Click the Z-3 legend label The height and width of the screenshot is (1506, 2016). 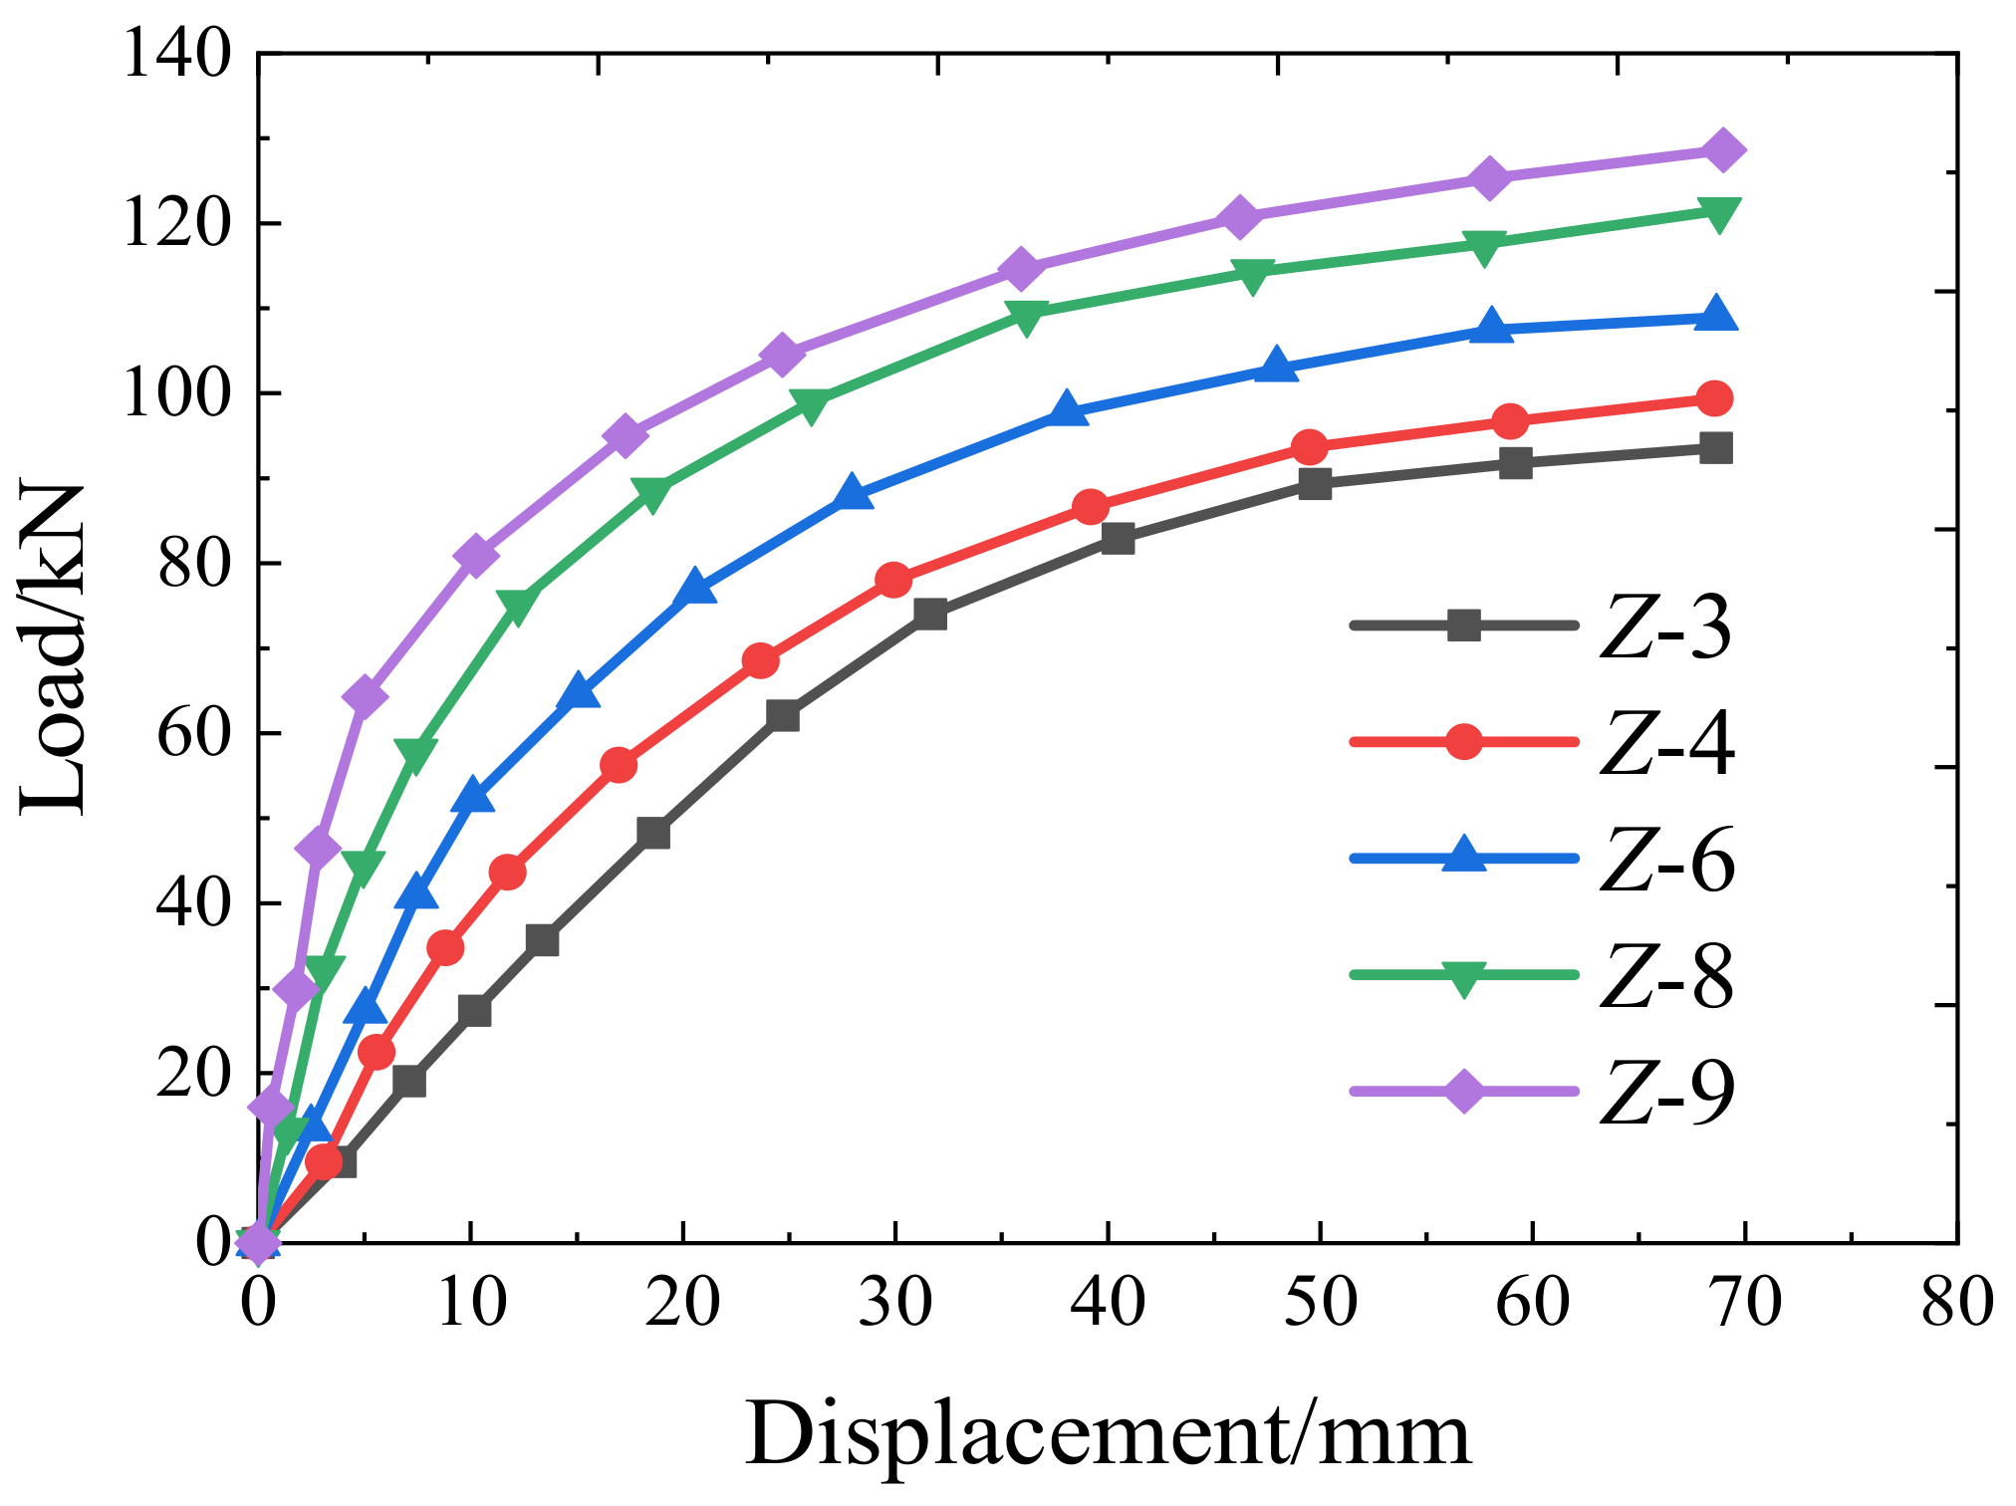(x=1665, y=628)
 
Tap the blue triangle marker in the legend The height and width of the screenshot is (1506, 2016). (x=1463, y=857)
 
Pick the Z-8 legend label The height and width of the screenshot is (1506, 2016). (x=1665, y=977)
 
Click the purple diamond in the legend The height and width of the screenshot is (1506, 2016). (x=1463, y=1091)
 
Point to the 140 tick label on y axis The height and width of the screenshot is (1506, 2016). (x=175, y=54)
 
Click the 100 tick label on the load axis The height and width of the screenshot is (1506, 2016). (x=175, y=393)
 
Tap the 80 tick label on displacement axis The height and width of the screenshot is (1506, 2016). (x=1957, y=1302)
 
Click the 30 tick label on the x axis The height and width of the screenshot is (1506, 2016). (x=894, y=1302)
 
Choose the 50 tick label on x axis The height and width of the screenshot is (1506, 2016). (x=1320, y=1302)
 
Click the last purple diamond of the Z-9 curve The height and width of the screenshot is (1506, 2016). (x=1722, y=150)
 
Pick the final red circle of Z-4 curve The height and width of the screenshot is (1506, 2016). (x=1714, y=398)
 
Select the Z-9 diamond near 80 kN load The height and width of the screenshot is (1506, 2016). (x=475, y=555)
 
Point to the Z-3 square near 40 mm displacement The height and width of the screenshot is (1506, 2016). (x=1118, y=539)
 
